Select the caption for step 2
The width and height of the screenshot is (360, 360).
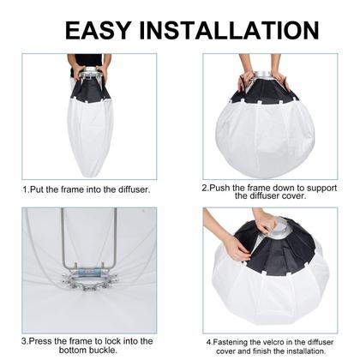(269, 190)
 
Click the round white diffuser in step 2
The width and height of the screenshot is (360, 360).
(268, 137)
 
